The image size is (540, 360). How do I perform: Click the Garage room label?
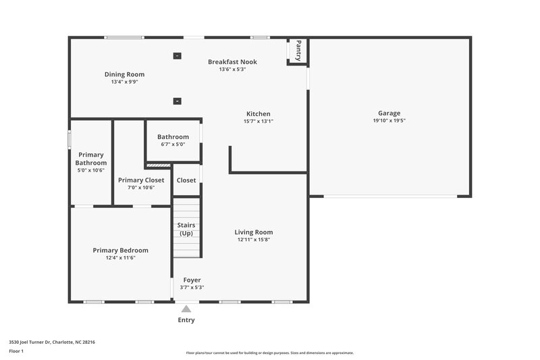coord(389,113)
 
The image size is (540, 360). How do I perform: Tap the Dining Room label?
coord(124,74)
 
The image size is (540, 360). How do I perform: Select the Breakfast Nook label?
coord(232,61)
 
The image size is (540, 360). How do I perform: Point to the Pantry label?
coord(298,51)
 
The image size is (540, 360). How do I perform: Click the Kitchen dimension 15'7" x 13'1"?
coord(258,122)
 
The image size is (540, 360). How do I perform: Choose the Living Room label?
coord(254,232)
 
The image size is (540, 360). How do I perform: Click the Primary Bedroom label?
coord(120,250)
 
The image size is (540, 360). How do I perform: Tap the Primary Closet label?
coord(141,180)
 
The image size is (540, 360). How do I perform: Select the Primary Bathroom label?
coord(90,159)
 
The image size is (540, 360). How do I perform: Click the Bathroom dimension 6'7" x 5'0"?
coord(173,144)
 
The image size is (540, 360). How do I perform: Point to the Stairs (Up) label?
coord(186,229)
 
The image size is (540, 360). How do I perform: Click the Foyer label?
coord(192,280)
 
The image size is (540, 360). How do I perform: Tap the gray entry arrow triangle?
coord(186,309)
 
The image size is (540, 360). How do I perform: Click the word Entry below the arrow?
coord(186,320)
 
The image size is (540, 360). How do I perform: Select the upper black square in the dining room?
coord(177,56)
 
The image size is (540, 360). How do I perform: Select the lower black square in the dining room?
coord(177,101)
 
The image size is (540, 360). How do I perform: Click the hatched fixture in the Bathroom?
coord(159,164)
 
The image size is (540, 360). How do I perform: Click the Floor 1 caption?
coord(16,351)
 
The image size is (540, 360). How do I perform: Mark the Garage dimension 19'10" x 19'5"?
coord(389,121)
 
